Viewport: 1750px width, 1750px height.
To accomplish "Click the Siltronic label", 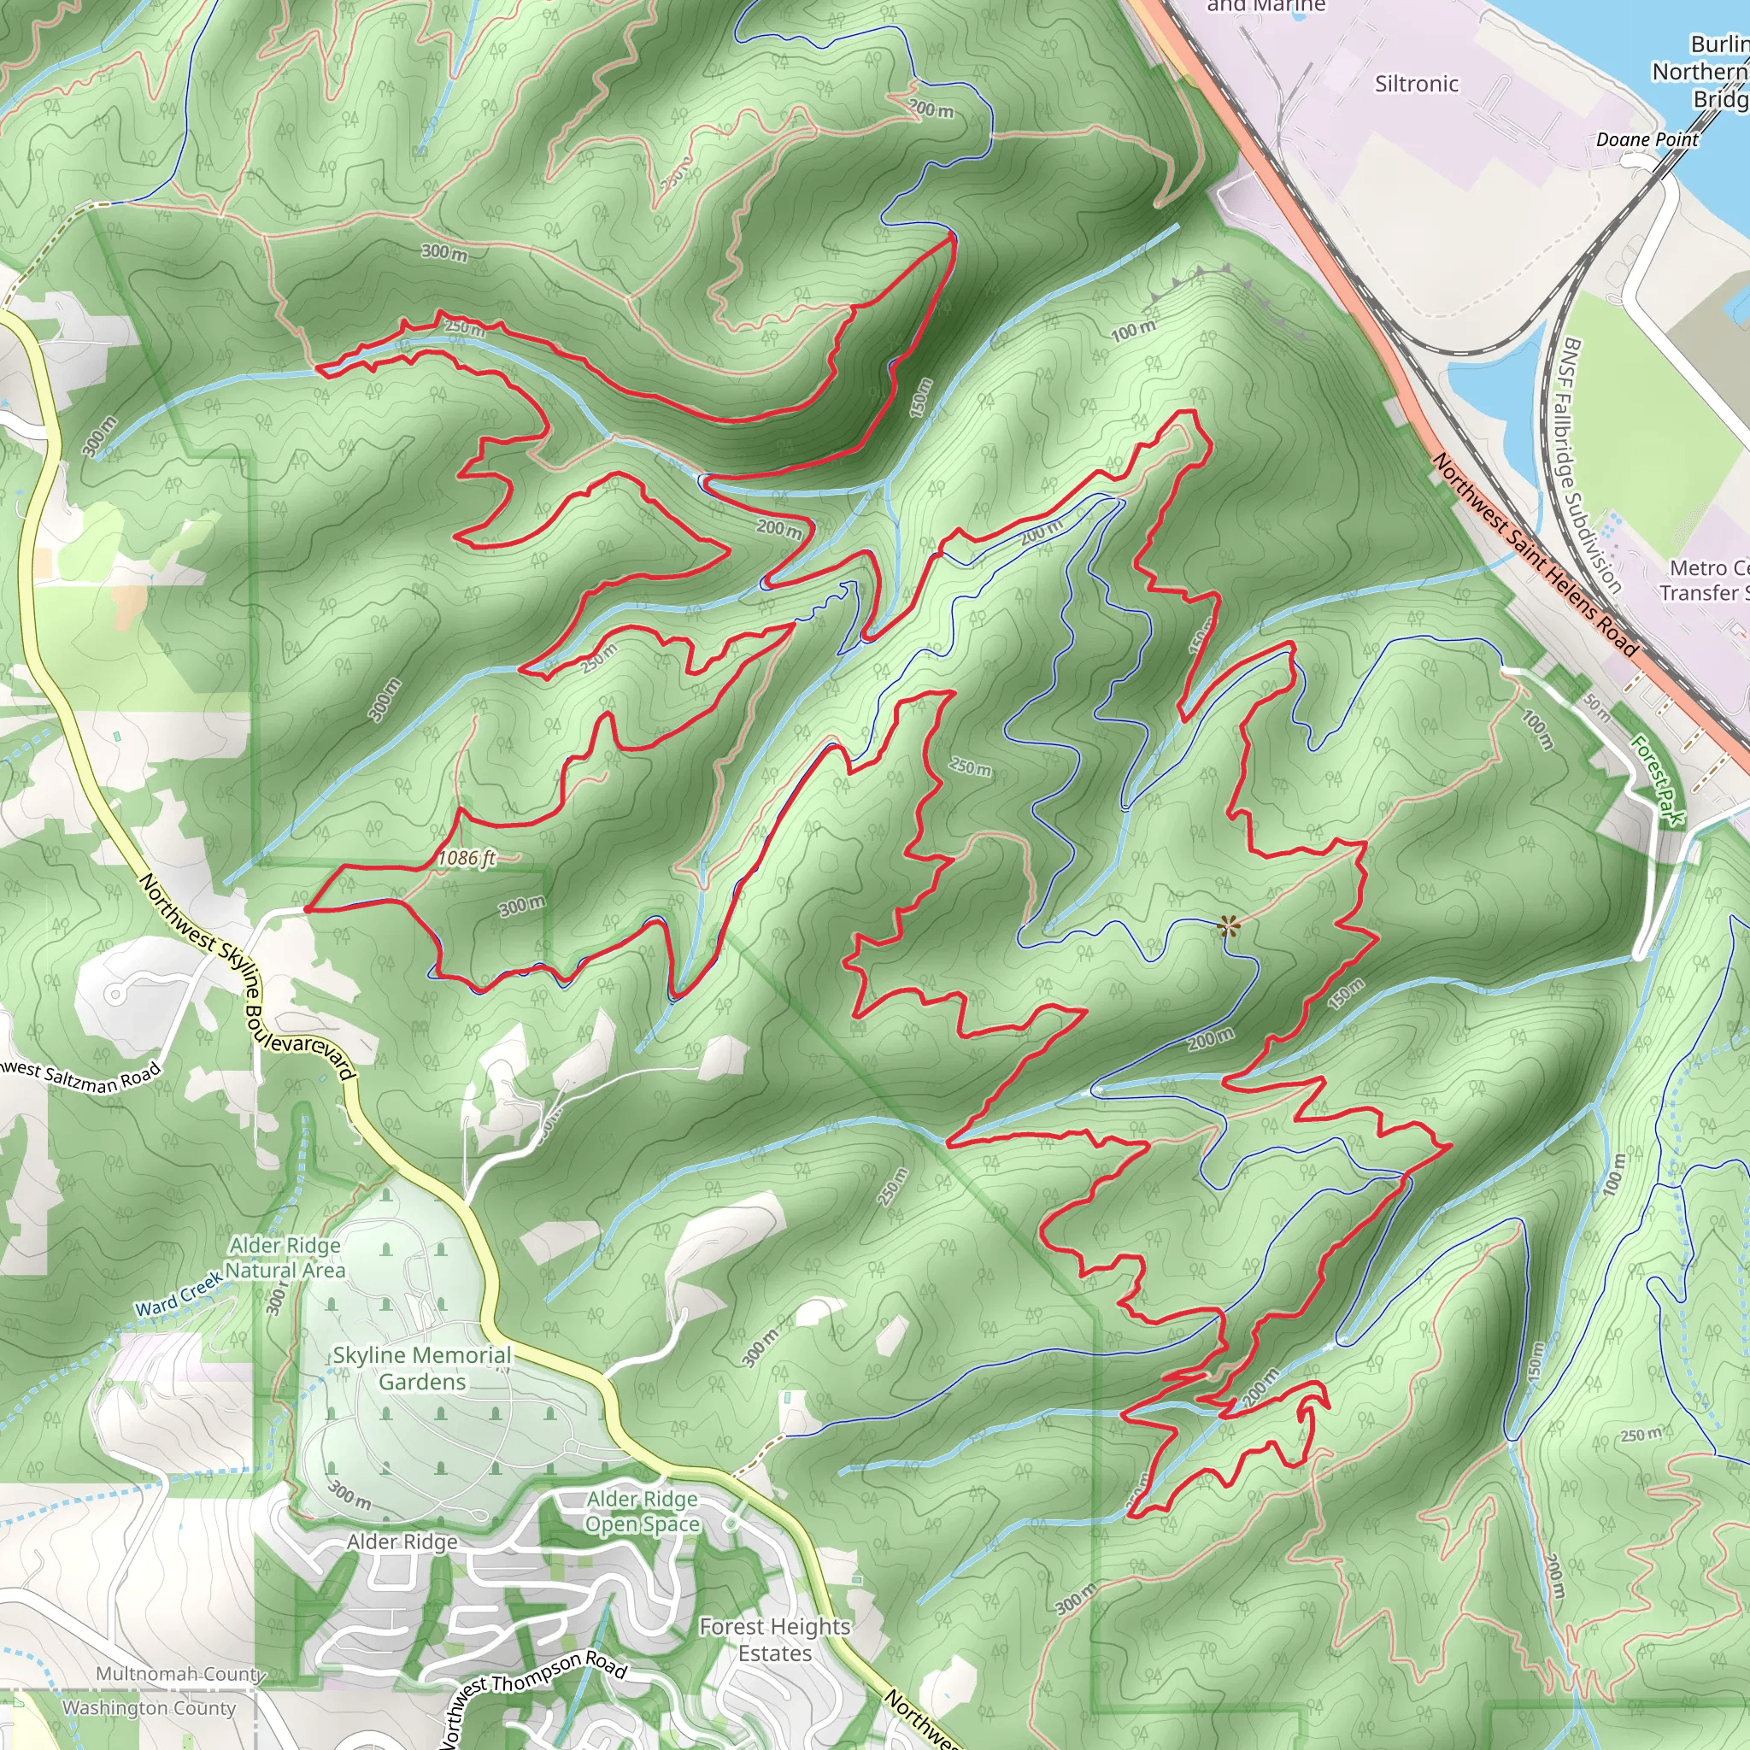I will click(1417, 85).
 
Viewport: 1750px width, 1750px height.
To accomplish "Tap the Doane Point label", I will click(1647, 139).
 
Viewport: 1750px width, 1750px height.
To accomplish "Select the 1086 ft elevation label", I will click(467, 857).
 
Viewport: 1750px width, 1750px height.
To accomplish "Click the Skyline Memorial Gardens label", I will click(422, 1368).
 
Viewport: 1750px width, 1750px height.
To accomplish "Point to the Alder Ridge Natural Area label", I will click(286, 1257).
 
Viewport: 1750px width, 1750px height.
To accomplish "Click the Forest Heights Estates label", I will click(774, 1640).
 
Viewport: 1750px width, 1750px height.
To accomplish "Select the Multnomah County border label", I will click(180, 1674).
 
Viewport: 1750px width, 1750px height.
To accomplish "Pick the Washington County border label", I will click(149, 1708).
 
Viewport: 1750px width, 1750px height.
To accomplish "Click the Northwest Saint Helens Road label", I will click(1536, 555).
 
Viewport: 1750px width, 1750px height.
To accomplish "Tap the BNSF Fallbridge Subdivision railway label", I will click(1591, 466).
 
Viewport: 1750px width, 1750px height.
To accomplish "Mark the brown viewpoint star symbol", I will click(1228, 925).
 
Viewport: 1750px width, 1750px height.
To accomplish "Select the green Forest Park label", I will click(1658, 780).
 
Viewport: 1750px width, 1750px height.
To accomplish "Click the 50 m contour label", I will click(1597, 708).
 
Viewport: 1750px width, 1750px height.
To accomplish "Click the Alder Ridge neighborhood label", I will click(402, 1542).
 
